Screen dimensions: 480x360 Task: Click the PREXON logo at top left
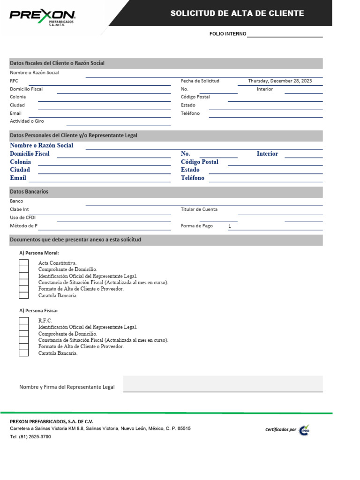pos(42,17)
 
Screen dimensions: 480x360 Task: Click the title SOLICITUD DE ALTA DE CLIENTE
pos(237,13)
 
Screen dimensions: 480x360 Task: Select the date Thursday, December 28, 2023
pos(280,81)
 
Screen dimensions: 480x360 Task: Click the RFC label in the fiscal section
pos(14,81)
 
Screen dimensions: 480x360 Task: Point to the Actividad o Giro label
pos(27,121)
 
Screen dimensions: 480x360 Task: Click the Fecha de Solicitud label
pos(200,81)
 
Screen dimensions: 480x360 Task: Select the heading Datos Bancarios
pos(29,192)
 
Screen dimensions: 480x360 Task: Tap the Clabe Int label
pos(19,210)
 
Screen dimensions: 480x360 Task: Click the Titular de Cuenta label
pos(199,210)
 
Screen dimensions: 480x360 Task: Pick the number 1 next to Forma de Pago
pos(230,226)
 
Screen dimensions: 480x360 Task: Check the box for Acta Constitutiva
pos(23,263)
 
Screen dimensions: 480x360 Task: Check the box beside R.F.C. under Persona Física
pos(23,321)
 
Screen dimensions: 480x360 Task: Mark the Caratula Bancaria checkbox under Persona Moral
pos(23,295)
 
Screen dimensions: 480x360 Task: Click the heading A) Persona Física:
pos(38,310)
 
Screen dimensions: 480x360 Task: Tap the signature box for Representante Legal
pos(223,383)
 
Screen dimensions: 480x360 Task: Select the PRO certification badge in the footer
pos(305,430)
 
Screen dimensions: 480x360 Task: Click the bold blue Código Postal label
pos(199,162)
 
